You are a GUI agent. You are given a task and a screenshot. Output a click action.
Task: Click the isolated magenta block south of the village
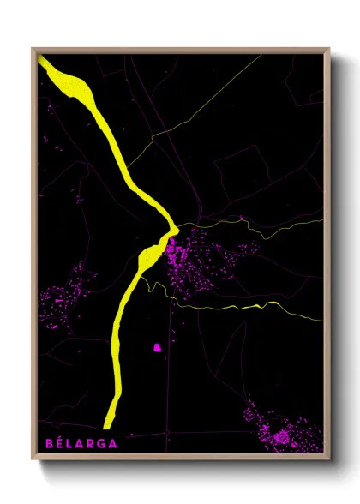[157, 347]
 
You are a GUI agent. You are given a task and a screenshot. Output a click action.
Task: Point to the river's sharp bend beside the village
[174, 229]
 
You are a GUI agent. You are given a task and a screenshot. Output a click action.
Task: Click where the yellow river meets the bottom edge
[108, 426]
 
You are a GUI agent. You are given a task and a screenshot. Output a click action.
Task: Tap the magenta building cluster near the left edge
[64, 296]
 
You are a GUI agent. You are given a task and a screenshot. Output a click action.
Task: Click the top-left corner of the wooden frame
[33, 49]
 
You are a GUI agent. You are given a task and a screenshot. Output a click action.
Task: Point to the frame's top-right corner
[329, 49]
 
